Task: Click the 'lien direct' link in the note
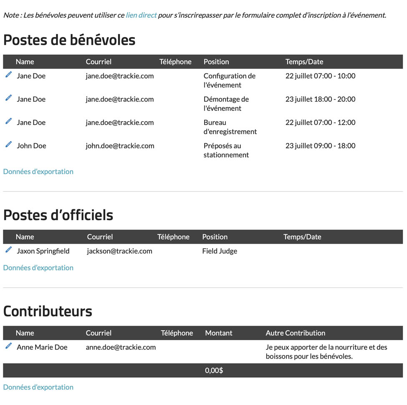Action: click(141, 15)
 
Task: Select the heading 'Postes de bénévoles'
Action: click(69, 40)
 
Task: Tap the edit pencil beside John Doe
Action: click(8, 145)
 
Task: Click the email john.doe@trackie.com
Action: click(120, 146)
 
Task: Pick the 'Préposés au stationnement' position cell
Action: click(226, 150)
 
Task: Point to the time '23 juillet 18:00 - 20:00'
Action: click(320, 99)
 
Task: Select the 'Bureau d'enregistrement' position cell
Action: click(230, 127)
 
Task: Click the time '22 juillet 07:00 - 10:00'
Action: click(320, 76)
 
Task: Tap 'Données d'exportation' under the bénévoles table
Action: click(38, 171)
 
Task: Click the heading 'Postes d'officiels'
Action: click(58, 215)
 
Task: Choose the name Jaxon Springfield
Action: click(43, 251)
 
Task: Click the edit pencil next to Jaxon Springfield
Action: click(8, 250)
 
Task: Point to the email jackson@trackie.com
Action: click(119, 251)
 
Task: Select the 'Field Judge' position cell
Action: click(220, 251)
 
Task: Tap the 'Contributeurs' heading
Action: click(48, 311)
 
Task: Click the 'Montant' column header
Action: click(219, 333)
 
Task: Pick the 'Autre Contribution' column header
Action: click(295, 333)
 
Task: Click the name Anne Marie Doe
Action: click(42, 347)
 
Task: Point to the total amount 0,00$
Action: click(214, 370)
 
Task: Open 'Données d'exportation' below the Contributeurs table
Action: click(38, 387)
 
